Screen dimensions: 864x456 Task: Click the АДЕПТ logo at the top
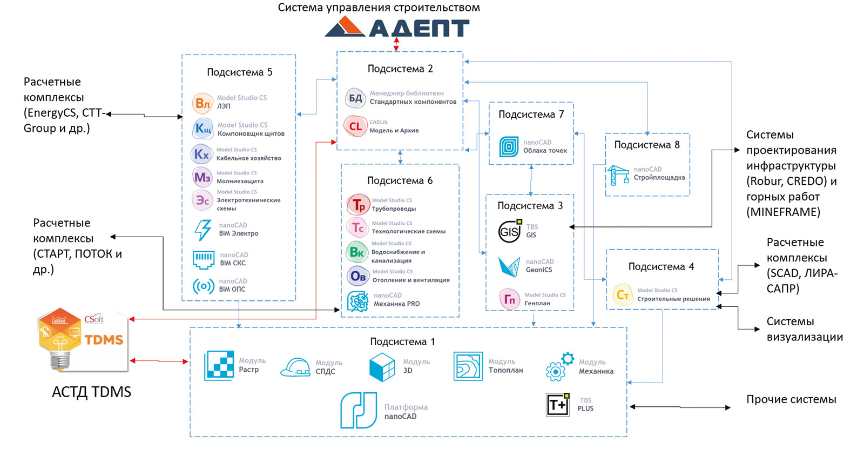[x=397, y=26]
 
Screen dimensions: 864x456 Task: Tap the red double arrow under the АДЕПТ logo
[x=396, y=44]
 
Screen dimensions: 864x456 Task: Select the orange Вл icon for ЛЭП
[x=202, y=103]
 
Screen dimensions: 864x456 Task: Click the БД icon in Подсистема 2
[x=355, y=98]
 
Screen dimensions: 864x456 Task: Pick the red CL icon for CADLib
[x=355, y=126]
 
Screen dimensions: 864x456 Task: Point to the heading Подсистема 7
[x=531, y=114]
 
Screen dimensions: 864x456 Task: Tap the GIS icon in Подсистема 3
[x=510, y=231]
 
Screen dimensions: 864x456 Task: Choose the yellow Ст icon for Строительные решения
[x=623, y=295]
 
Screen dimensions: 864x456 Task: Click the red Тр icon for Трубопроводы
[x=359, y=204]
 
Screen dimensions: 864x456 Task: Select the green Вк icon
[x=356, y=252]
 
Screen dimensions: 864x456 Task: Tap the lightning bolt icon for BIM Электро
[x=203, y=230]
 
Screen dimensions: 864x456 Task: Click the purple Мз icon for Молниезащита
[x=202, y=177]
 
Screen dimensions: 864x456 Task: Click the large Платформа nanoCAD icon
[x=359, y=410]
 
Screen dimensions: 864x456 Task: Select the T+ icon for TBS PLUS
[x=558, y=405]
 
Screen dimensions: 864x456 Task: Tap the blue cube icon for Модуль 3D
[x=382, y=367]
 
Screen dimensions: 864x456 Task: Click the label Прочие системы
[x=791, y=399]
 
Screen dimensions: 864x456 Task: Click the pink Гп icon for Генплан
[x=510, y=299]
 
